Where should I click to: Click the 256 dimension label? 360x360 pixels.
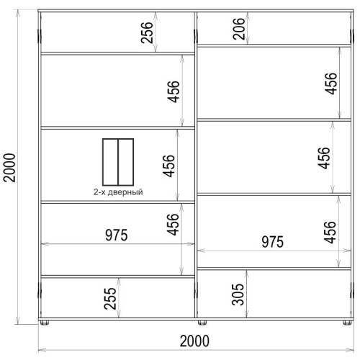tap(147, 32)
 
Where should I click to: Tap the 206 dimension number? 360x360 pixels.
tap(239, 29)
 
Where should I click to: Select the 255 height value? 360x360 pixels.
tap(110, 298)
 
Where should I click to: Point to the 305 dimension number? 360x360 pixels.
tap(238, 294)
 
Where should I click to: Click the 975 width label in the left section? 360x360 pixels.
tap(117, 235)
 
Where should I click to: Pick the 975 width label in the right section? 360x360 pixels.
tap(272, 242)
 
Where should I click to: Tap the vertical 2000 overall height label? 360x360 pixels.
tap(9, 168)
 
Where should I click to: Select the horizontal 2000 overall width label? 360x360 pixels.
tap(194, 341)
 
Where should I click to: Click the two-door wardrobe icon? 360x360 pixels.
tap(118, 162)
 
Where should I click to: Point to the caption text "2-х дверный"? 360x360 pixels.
tap(118, 192)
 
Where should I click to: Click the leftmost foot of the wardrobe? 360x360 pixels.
tap(45, 323)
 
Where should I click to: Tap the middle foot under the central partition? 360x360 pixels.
tap(202, 323)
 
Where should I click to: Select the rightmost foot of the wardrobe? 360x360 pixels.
tap(347, 323)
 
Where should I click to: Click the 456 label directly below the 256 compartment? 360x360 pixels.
tap(174, 91)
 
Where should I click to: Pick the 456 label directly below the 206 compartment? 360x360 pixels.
tap(331, 84)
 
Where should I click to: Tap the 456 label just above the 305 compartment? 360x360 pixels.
tap(330, 233)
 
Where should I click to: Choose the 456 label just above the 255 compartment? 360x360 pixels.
tap(173, 225)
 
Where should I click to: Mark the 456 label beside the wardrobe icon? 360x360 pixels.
tap(168, 166)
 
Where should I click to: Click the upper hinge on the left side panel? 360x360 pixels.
tap(40, 36)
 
